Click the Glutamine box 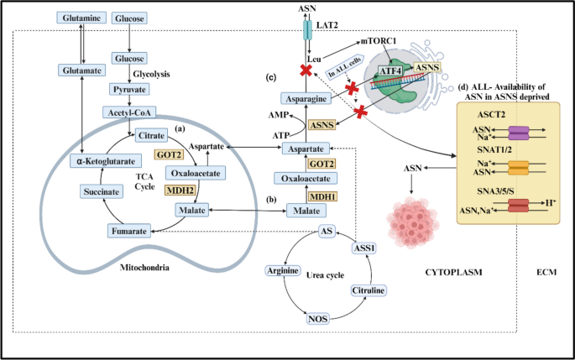(x=81, y=18)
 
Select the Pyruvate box (x=128, y=88)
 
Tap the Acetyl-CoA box (x=128, y=112)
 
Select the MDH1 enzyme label (x=324, y=197)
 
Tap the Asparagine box (x=307, y=98)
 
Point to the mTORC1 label (x=379, y=40)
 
